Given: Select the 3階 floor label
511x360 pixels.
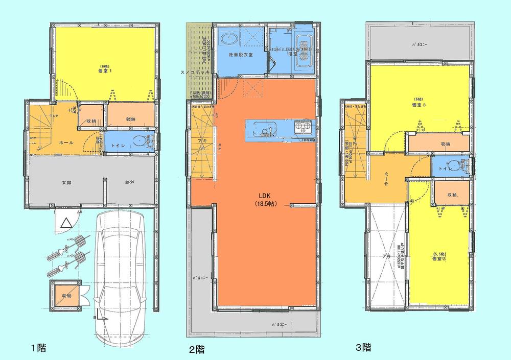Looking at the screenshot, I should pos(363,348).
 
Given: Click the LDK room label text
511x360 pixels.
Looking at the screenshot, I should pos(265,195).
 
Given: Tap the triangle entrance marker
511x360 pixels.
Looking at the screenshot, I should pos(65,223).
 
